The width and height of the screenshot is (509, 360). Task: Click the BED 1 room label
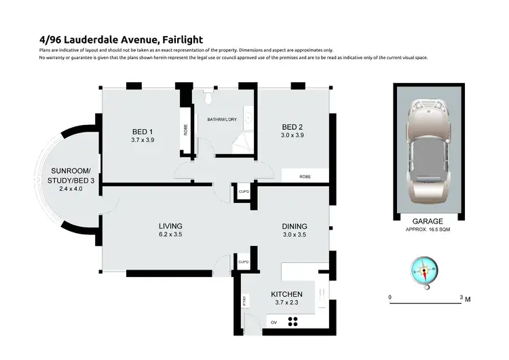[143, 132]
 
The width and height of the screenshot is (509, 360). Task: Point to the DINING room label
[295, 226]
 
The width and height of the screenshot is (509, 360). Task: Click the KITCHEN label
[285, 294]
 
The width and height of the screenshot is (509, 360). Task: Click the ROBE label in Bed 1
[185, 129]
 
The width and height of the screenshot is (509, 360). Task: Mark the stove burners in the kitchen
[294, 322]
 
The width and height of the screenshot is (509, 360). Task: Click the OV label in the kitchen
[274, 322]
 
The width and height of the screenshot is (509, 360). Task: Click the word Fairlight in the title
[178, 39]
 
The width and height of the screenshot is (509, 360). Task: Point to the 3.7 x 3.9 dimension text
[143, 141]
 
